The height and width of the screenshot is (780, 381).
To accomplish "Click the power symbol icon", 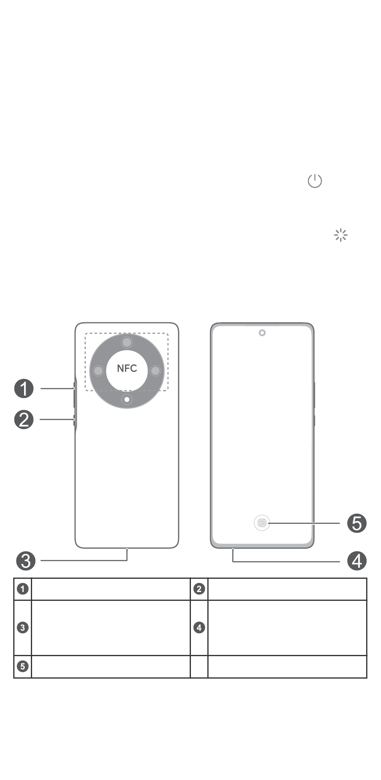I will click(x=315, y=181).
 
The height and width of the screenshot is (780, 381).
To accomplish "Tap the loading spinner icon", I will click(x=341, y=235).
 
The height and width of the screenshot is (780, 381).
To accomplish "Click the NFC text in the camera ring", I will click(x=127, y=368).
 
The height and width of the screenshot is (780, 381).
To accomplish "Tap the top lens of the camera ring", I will click(x=127, y=343).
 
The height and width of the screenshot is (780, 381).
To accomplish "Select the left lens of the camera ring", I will click(x=98, y=371).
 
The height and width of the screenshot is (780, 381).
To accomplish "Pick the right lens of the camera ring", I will click(x=156, y=371).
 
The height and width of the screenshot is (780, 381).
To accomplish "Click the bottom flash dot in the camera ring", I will click(x=127, y=399).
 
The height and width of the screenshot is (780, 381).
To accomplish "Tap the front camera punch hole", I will click(x=262, y=333).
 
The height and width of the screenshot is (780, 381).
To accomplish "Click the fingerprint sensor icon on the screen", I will click(x=262, y=523).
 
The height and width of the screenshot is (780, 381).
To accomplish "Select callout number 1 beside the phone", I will click(x=24, y=389).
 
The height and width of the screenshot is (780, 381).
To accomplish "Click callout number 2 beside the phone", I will click(x=24, y=420).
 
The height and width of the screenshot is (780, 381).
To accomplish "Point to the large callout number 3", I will click(x=26, y=561).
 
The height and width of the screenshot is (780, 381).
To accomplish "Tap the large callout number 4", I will click(x=357, y=561).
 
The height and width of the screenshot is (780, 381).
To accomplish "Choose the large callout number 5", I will click(x=357, y=523).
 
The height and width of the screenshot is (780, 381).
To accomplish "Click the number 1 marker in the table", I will click(x=23, y=589).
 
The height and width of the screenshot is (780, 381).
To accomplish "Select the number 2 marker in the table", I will click(x=199, y=589).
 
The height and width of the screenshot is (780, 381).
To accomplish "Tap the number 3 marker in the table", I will click(x=23, y=628).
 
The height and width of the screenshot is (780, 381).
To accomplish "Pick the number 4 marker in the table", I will click(x=199, y=628).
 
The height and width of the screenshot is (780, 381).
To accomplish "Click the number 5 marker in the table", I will click(x=23, y=667).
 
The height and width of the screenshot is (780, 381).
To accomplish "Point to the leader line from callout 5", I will click(x=305, y=523).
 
